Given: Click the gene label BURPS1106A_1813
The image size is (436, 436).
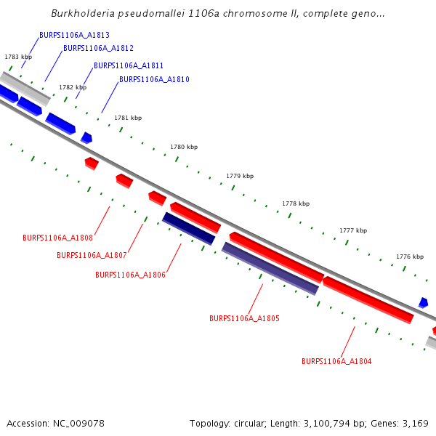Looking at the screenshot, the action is pos(75,35).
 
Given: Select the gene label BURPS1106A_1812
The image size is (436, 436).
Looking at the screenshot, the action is pos(98,48).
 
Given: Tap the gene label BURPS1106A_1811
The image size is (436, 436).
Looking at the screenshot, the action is pos(129,65).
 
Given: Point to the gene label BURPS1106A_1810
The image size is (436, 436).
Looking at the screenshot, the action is pos(154,79).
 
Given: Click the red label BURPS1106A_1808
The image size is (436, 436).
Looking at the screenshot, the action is pos(57,238).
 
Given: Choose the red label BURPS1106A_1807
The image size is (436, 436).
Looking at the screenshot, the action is pos(92,255).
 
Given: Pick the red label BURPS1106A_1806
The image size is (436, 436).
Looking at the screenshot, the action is pos(130,275).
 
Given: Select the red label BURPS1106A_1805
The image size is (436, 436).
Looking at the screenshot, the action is pos(244,318).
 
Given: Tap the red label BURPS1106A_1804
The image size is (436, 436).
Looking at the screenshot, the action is pos(336,361).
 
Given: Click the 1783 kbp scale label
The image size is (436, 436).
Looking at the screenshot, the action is pos(18,57).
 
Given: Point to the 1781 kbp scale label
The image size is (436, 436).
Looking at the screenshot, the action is pos(128,118).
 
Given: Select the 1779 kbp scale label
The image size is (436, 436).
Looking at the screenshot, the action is pos(240,176).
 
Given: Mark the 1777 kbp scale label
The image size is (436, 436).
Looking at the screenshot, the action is pos(353,230).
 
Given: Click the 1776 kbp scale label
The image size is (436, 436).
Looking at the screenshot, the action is pos(410,257).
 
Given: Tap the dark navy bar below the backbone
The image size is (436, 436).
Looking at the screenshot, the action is pos(188,228).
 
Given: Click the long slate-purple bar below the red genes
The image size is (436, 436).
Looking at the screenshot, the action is pos(270,268).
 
